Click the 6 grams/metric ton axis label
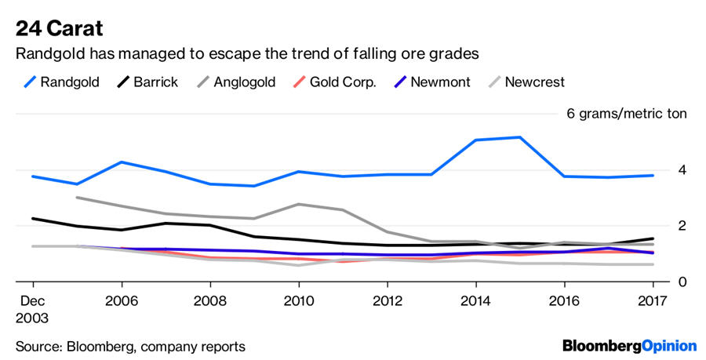(626, 114)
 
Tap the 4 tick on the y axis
(682, 169)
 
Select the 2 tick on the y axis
(682, 225)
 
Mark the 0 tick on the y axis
(682, 281)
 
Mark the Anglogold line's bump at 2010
(298, 204)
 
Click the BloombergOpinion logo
(629, 346)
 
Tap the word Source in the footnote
(38, 346)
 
